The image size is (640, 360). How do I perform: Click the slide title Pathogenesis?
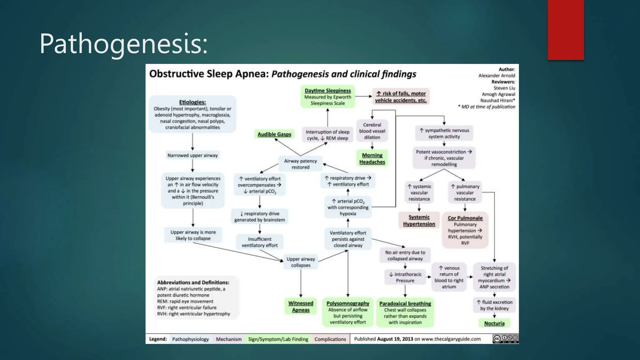pos(123,44)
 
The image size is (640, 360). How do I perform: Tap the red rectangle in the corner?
pos(566,30)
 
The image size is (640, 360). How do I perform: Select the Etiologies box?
pos(192,114)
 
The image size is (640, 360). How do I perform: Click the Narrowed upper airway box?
pos(192,155)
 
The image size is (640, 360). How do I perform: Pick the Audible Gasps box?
pos(274,134)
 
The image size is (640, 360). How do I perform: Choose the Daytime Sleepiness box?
pos(328,97)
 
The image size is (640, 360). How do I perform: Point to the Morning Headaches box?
pos(372,158)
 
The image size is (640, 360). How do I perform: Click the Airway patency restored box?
pos(300,164)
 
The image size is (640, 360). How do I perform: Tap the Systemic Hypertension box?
pos(419,220)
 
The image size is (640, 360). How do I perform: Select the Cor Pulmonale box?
pos(465,230)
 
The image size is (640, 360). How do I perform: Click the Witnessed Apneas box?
pos(301,307)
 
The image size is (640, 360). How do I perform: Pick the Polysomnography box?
pos(348,312)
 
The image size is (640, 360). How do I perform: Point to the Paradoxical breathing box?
pos(405,312)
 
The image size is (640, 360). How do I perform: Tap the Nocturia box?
pos(494,323)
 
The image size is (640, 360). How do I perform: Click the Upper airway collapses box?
pos(301,262)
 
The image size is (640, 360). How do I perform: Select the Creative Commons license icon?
pos(505,338)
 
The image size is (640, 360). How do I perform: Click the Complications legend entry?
pos(330,339)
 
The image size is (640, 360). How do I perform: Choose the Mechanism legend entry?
pos(229,339)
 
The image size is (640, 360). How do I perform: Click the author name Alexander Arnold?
pos(497,75)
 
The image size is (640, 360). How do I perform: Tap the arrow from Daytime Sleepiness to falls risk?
pos(363,97)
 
